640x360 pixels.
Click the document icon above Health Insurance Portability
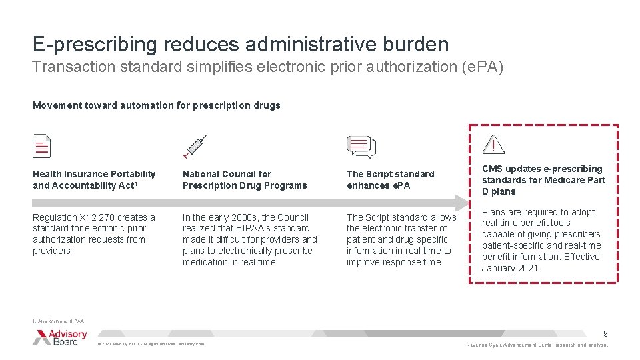click(x=42, y=146)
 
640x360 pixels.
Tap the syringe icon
click(x=194, y=146)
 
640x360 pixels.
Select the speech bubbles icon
click(x=361, y=147)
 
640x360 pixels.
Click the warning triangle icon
click(x=493, y=145)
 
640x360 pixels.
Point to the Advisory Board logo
click(x=59, y=337)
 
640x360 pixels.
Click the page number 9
click(x=605, y=333)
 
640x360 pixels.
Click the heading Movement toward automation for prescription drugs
click(x=156, y=105)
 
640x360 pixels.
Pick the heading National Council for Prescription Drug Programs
click(x=245, y=179)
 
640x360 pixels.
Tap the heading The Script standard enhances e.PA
click(x=390, y=179)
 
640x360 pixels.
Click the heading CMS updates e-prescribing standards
click(x=543, y=180)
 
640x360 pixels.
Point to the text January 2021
click(x=511, y=268)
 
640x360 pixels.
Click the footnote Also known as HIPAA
click(x=58, y=321)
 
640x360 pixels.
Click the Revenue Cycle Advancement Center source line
click(x=537, y=345)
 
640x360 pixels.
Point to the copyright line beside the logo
click(x=151, y=344)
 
